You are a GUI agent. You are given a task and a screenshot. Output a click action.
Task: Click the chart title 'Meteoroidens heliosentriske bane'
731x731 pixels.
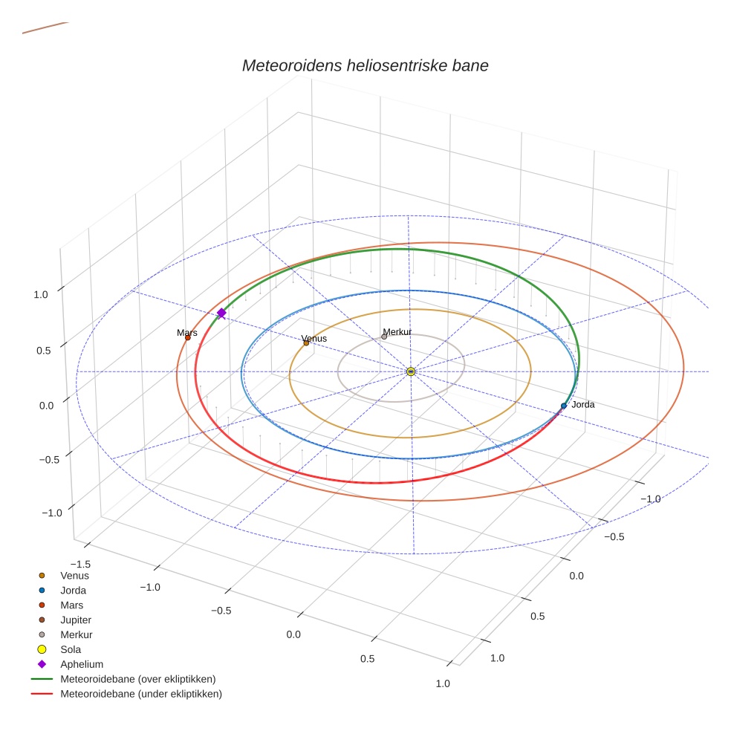(365, 65)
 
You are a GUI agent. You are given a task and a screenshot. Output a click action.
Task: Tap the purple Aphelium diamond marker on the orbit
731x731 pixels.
(221, 313)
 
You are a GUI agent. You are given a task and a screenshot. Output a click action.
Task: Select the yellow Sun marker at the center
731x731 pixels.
(411, 371)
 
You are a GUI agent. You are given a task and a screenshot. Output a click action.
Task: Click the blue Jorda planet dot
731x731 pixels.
(564, 406)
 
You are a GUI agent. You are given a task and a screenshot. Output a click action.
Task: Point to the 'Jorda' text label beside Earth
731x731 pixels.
(582, 405)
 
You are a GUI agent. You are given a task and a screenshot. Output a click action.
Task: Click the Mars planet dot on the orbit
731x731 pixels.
(187, 338)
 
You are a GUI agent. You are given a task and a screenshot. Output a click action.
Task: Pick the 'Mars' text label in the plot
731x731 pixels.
(187, 333)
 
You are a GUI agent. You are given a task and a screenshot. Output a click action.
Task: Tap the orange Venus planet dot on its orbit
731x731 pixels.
(306, 342)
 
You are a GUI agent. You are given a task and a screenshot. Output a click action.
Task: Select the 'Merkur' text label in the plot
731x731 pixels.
(397, 331)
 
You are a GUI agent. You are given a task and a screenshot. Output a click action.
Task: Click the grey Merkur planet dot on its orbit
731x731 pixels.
(384, 337)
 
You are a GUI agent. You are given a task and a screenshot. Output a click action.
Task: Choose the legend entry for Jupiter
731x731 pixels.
(76, 620)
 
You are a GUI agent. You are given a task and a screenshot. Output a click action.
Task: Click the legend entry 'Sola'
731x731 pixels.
(71, 649)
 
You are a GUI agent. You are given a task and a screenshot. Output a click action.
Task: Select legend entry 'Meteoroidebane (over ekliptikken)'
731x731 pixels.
(137, 679)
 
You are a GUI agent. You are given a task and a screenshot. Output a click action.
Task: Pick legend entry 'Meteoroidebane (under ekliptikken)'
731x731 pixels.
(140, 694)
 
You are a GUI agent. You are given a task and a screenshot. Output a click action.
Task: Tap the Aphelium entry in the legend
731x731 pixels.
(81, 664)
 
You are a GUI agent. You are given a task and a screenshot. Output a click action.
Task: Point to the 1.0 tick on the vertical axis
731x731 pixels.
(41, 294)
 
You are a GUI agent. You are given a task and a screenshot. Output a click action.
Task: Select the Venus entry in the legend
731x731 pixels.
(74, 575)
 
